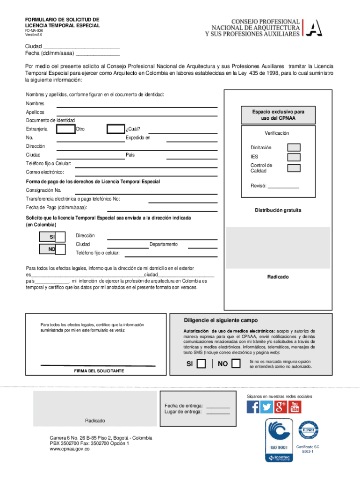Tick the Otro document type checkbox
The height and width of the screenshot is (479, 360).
click(x=115, y=129)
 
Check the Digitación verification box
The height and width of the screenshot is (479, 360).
click(x=294, y=147)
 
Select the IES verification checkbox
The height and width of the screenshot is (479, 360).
click(x=294, y=157)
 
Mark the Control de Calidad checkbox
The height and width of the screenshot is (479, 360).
click(x=294, y=168)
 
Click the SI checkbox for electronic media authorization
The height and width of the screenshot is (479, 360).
click(x=201, y=364)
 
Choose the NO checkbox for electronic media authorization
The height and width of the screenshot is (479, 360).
click(x=237, y=364)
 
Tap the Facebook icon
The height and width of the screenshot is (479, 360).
click(x=252, y=407)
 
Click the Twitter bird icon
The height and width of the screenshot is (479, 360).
click(x=266, y=407)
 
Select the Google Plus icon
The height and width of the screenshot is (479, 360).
click(x=281, y=407)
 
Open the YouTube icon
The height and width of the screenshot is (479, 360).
click(x=295, y=407)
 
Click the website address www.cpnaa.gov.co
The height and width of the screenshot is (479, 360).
click(x=70, y=449)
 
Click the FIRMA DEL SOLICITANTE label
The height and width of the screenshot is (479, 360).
click(x=99, y=371)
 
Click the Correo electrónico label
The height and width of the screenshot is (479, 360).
click(x=45, y=173)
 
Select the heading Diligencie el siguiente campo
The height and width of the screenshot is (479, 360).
click(x=221, y=320)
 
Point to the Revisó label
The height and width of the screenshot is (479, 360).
click(x=258, y=186)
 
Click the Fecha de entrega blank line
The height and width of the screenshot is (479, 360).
click(x=218, y=406)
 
